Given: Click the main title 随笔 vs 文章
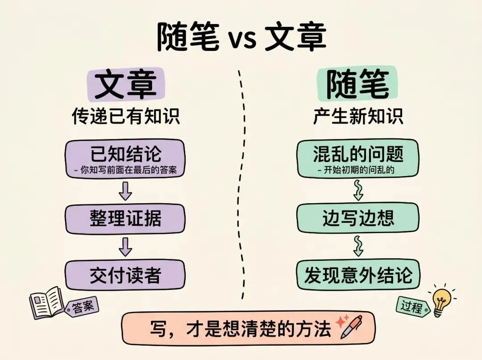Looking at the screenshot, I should click(241, 38).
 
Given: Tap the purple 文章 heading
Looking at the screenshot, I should click(126, 85).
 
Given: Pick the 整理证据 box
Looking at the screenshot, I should click(125, 218).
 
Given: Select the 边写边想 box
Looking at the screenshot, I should click(358, 218).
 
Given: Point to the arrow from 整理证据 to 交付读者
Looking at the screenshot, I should click(126, 247).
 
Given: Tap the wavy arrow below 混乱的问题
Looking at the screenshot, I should click(358, 190).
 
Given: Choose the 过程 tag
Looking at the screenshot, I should click(411, 307).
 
